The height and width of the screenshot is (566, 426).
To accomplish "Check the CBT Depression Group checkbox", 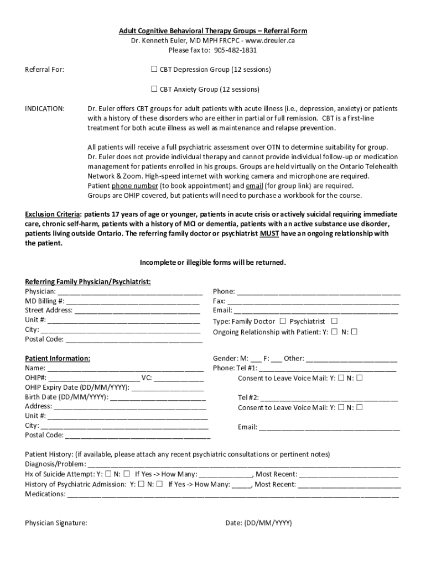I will [154, 70].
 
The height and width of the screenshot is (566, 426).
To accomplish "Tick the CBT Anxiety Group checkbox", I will [154, 89].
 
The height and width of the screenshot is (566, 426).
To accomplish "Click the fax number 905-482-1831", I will [237, 50].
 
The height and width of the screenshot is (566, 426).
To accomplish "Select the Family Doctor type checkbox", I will [283, 321].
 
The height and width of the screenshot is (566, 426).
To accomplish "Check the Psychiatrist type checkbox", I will [334, 321].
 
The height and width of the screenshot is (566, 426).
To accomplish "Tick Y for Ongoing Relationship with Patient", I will [334, 332].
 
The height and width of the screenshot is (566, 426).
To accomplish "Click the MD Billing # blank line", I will [133, 302].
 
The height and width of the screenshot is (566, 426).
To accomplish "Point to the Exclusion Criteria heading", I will [53, 214].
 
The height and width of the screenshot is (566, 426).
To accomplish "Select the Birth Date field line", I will [158, 397].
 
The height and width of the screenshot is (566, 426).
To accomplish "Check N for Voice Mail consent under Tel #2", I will [360, 407].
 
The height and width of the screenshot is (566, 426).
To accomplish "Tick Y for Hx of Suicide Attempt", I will [108, 474].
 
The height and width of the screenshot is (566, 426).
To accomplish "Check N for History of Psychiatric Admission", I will [159, 484].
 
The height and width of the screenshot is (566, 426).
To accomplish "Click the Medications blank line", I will [232, 495].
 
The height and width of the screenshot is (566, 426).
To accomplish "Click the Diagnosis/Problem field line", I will [243, 464].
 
